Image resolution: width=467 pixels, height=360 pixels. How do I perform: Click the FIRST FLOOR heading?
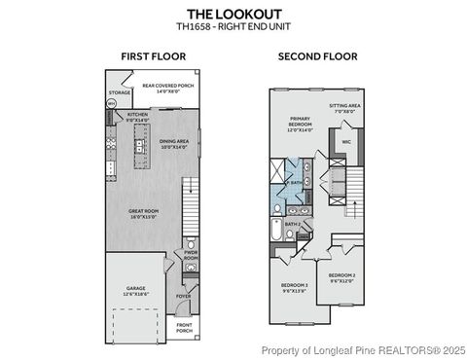pos(148,57)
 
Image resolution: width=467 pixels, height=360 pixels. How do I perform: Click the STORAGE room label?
pos(119,93)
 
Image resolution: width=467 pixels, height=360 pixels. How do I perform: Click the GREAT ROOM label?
pos(147,212)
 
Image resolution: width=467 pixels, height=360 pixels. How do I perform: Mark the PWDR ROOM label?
pos(191,257)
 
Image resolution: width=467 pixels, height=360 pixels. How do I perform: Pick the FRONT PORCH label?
pos(185,327)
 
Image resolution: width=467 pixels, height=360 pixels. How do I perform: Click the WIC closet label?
pos(345,141)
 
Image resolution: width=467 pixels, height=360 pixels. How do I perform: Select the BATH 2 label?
pos(292,225)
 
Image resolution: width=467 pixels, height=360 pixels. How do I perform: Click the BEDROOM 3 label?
pos(295,287)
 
